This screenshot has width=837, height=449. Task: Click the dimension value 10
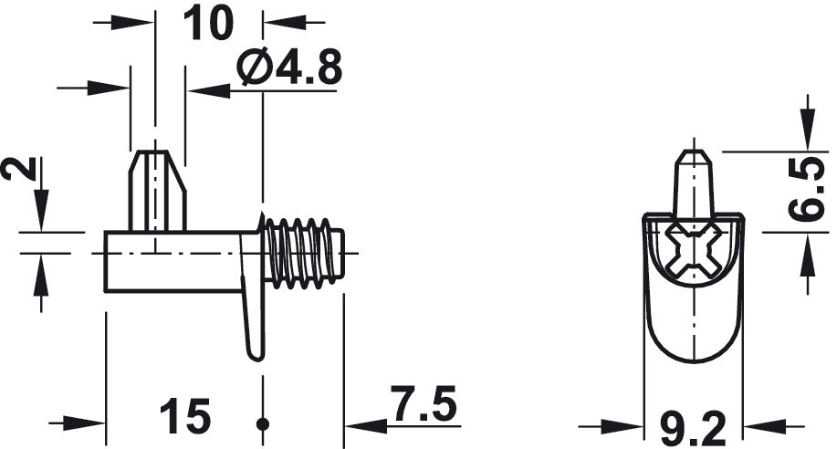pyautogui.click(x=208, y=23)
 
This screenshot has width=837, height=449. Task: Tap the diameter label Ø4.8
pyautogui.click(x=289, y=68)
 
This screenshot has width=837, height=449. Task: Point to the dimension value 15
pyautogui.click(x=185, y=415)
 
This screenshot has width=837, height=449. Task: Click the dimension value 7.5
pyautogui.click(x=424, y=403)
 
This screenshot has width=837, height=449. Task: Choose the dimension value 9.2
pyautogui.click(x=694, y=428)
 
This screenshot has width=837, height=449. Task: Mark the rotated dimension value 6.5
pyautogui.click(x=806, y=189)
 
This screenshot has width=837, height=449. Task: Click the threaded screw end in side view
pyautogui.click(x=304, y=253)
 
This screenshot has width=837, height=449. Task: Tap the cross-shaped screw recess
pyautogui.click(x=694, y=252)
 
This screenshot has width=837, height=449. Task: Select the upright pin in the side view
pyautogui.click(x=158, y=191)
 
